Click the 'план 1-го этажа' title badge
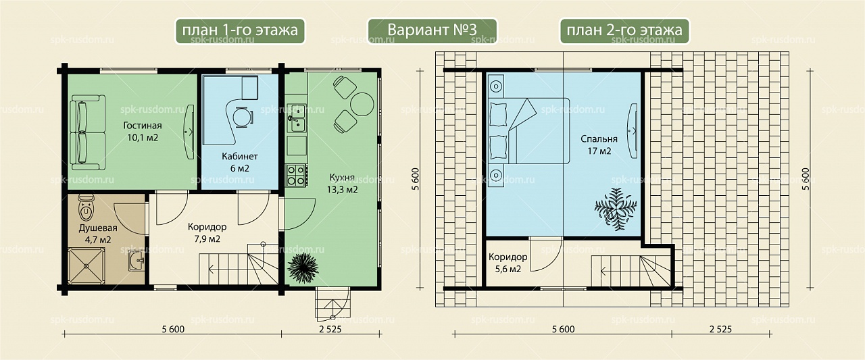pyautogui.click(x=240, y=31)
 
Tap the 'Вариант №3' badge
pyautogui.click(x=432, y=31)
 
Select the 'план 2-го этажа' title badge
pyautogui.click(x=624, y=31)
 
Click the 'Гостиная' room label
pyautogui.click(x=143, y=126)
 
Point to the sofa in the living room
pyautogui.click(x=87, y=133)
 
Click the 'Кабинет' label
pyautogui.click(x=239, y=156)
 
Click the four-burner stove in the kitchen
pyautogui.click(x=297, y=176)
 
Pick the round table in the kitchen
pyautogui.click(x=362, y=104)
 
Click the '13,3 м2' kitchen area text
pyautogui.click(x=342, y=190)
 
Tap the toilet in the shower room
pyautogui.click(x=86, y=207)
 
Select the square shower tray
pyautogui.click(x=86, y=266)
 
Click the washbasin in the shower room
pyautogui.click(x=136, y=261)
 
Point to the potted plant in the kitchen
pyautogui.click(x=303, y=267)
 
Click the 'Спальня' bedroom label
pyautogui.click(x=599, y=139)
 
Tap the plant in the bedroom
pyautogui.click(x=616, y=209)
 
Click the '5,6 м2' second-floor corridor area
pyautogui.click(x=508, y=269)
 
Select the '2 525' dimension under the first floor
pyautogui.click(x=330, y=329)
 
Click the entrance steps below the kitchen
pyautogui.click(x=332, y=304)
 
